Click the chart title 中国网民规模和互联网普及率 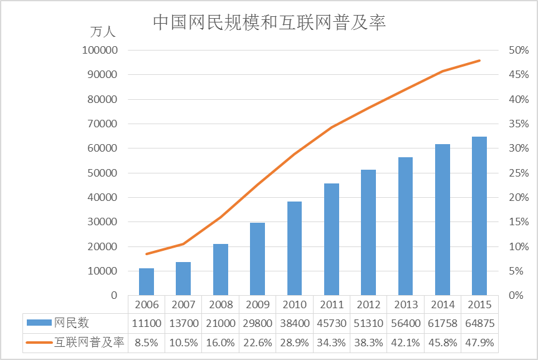point(269,22)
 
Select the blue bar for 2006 point(147,281)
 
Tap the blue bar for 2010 point(294,248)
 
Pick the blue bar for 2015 point(479,216)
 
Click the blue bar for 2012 point(368,233)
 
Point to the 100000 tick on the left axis point(100,50)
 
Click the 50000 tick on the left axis point(102,173)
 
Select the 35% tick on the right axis point(519,124)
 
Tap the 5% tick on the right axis point(516,271)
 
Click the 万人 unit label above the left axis point(103,32)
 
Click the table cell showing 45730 point(332,323)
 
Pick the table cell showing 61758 point(443,323)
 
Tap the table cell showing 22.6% point(257,343)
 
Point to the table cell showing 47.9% point(479,343)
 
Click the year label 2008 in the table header point(221,304)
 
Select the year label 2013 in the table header point(406,304)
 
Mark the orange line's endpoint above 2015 point(479,61)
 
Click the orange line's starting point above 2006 point(147,254)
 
